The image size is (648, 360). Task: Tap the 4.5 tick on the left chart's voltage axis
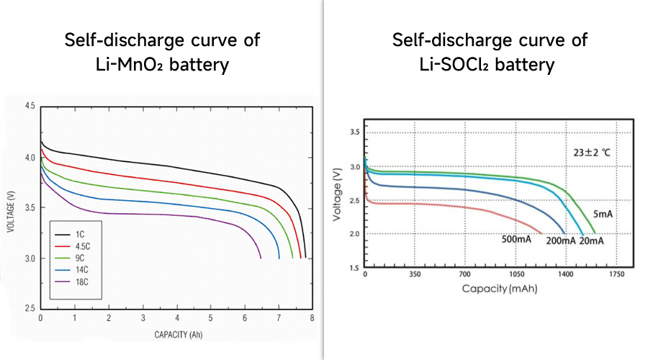(30, 107)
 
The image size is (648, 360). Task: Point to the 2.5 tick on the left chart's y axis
(30, 308)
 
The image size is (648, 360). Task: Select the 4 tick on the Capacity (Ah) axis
(176, 318)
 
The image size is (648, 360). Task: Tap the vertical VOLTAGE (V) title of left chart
(11, 207)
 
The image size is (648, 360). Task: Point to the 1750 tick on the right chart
(614, 275)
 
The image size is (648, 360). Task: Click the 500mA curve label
(516, 240)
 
